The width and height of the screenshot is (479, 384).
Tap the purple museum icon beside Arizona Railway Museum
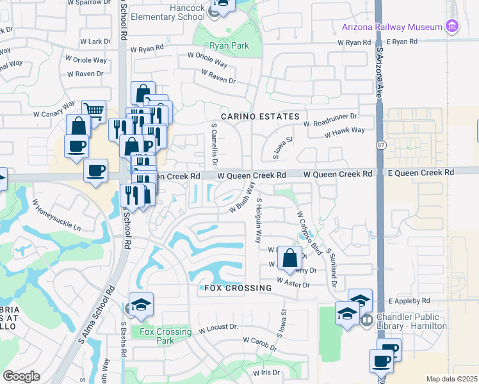(x=453, y=26)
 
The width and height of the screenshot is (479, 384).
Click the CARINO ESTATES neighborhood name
(x=261, y=116)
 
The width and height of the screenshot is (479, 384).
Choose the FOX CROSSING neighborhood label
(x=238, y=288)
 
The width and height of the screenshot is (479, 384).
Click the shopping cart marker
(x=94, y=111)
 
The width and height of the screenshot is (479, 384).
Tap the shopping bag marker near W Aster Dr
(x=290, y=259)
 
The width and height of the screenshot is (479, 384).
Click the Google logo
(x=21, y=376)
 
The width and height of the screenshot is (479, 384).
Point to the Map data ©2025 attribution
(x=451, y=379)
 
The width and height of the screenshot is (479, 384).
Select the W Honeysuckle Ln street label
(x=58, y=218)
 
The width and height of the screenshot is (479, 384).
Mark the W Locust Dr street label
(x=218, y=329)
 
